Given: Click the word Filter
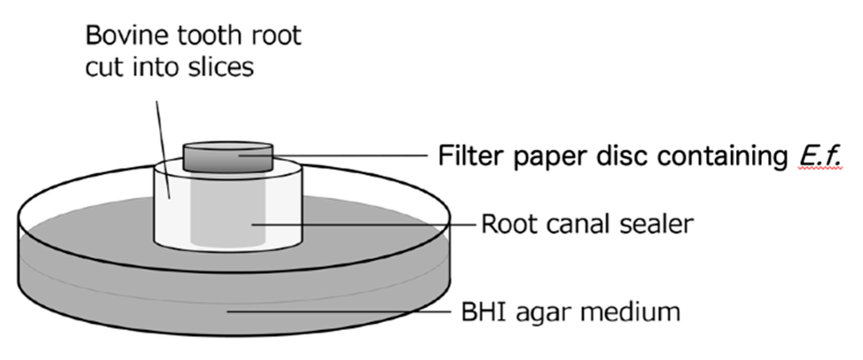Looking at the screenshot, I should tap(472, 156).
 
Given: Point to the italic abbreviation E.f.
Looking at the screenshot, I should tap(819, 156).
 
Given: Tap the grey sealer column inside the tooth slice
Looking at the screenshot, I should tap(228, 208).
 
